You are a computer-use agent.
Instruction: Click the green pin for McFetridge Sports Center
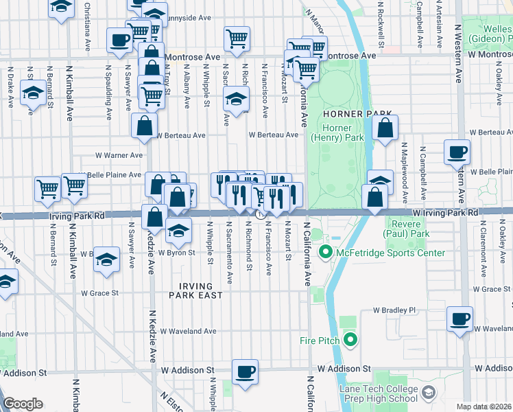tap(326, 253)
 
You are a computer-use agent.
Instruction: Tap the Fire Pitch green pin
tap(350, 339)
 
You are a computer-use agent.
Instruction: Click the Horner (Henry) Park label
tap(337, 133)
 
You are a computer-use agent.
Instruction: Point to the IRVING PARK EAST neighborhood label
tap(196, 290)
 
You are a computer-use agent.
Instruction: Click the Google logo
tap(23, 403)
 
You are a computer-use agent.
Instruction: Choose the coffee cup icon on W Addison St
tap(245, 372)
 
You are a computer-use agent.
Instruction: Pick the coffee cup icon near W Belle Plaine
tap(457, 152)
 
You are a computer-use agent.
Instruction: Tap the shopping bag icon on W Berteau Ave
tap(145, 126)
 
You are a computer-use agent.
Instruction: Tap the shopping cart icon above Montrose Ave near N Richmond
tap(237, 38)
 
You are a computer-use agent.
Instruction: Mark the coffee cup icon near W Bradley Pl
tap(460, 319)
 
